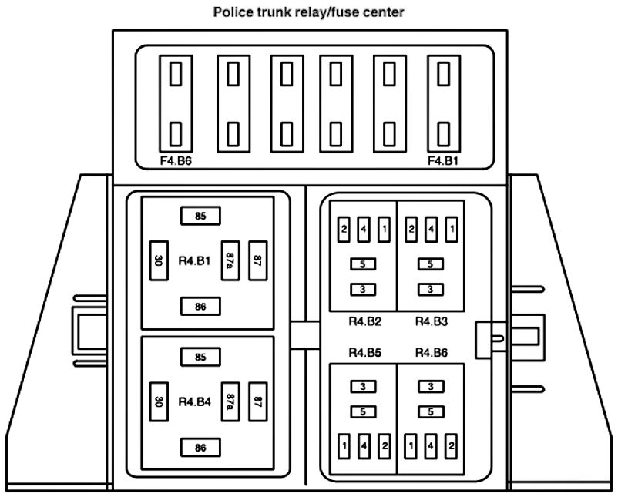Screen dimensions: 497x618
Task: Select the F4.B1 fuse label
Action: point(443,162)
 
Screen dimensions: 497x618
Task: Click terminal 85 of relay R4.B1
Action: point(200,216)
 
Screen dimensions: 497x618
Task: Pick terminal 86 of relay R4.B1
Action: point(200,307)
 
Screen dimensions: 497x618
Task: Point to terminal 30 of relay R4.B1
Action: point(157,261)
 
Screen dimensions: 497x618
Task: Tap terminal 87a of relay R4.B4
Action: point(230,401)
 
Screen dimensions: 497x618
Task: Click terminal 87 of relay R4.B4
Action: point(258,401)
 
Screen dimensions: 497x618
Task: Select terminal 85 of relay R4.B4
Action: point(200,357)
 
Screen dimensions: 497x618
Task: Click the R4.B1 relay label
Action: point(193,261)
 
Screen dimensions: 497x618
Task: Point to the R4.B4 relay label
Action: point(193,401)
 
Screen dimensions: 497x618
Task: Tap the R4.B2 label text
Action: point(365,321)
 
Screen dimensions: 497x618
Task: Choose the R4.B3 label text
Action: point(432,321)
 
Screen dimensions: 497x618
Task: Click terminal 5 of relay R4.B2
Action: point(362,264)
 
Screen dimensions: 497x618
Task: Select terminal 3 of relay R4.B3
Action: point(431,290)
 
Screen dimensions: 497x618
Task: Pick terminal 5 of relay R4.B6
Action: point(431,411)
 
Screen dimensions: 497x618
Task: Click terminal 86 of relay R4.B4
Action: point(200,447)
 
